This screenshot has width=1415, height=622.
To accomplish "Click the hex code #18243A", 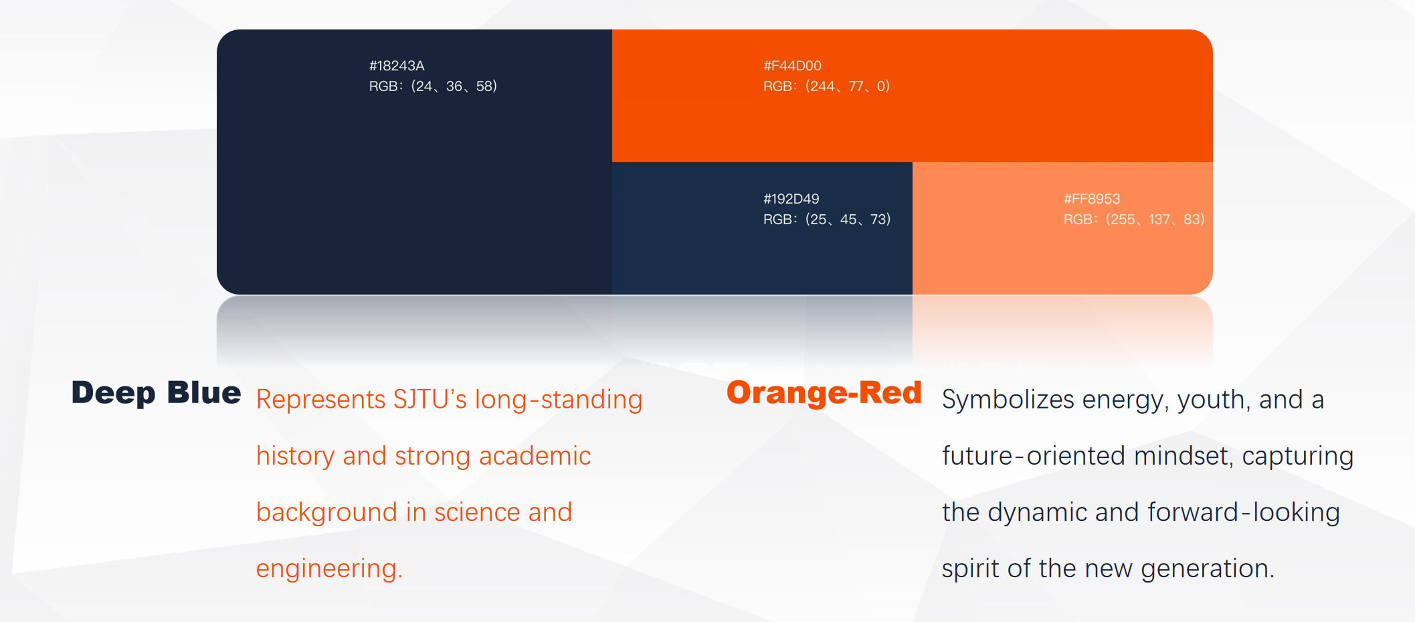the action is [397, 66].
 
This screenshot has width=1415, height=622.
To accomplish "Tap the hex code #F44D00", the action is [792, 66].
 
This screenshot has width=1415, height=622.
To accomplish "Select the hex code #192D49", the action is [791, 199].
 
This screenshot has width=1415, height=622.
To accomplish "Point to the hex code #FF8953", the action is [1092, 199].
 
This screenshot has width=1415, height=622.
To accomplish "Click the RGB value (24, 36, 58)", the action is [433, 86].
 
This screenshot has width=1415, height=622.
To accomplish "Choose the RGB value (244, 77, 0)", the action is [826, 86].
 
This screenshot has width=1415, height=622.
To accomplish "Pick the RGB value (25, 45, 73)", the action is [827, 220].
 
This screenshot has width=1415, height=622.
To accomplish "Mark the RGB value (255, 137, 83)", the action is [1134, 220].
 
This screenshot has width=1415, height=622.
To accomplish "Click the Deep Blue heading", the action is [156, 393].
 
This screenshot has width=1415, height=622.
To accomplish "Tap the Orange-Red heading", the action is [824, 393].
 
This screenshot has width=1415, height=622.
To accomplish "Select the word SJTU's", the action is [430, 400].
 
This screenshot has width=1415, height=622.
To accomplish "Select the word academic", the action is [535, 456].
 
